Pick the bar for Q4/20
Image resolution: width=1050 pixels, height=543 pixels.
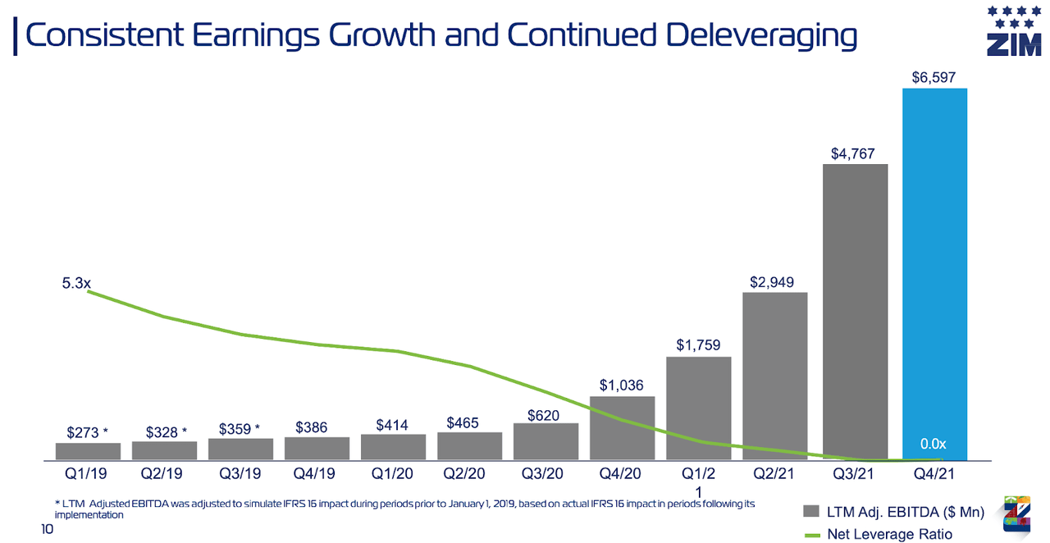pos(622,427)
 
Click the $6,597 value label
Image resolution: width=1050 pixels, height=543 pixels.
pos(934,77)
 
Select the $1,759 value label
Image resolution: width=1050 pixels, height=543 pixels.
pos(698,345)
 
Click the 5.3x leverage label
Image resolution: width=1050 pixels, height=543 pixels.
pos(76,283)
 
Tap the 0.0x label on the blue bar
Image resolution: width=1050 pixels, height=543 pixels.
pos(934,444)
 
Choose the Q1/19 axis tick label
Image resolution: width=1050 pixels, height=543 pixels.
pos(87,473)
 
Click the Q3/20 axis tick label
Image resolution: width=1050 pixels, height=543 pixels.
pos(546,473)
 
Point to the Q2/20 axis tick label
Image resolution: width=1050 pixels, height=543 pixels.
pos(469,473)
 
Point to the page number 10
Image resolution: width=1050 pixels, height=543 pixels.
pos(47,531)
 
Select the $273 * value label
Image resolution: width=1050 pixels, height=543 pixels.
pos(87,432)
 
